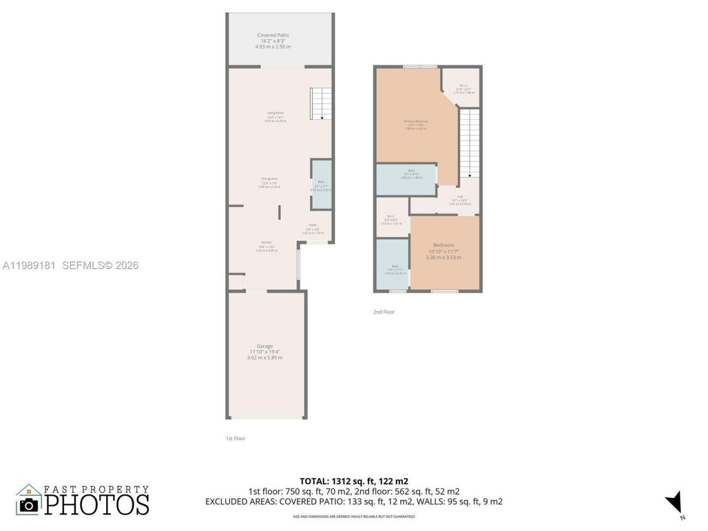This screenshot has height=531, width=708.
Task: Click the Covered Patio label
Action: (273, 35)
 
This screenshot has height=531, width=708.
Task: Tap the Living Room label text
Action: (275, 113)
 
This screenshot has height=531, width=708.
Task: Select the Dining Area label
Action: (269, 179)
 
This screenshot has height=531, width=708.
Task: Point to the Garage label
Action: (264, 346)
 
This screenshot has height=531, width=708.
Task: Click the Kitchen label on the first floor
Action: (267, 243)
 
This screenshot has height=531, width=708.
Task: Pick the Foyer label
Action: (313, 225)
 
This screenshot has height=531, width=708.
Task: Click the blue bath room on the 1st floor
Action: (321, 185)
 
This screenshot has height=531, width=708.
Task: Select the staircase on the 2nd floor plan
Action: (469, 142)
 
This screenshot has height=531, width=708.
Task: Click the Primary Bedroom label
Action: (416, 121)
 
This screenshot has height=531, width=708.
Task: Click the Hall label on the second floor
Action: (460, 196)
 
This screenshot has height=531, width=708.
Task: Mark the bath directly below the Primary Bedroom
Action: (407, 180)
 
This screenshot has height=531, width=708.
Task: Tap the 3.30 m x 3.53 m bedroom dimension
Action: (444, 257)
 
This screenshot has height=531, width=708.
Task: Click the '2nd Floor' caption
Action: (384, 312)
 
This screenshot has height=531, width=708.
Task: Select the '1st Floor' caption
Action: (235, 439)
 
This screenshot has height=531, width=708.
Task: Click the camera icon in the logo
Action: (29, 504)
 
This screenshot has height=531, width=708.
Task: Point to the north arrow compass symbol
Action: (675, 503)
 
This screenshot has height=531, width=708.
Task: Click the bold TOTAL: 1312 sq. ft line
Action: (354, 481)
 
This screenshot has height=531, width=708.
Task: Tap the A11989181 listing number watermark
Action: (29, 265)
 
